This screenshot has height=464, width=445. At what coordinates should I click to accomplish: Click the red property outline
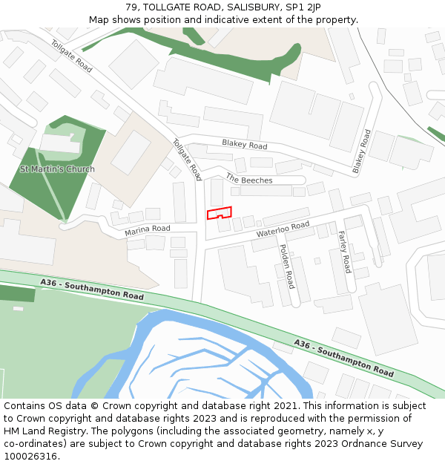pos(219,213)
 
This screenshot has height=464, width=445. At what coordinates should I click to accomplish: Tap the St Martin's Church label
pos(57,169)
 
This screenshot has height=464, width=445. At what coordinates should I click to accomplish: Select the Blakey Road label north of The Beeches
pos(244,145)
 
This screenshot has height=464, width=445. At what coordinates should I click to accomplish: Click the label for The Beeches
pos(249,180)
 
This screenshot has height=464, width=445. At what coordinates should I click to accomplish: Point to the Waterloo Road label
pos(283,229)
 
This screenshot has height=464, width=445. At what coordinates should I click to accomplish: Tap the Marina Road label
pos(148,230)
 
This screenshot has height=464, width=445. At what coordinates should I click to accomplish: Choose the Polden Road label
pos(286,266)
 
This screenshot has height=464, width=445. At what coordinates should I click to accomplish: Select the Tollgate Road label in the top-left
pos(71,56)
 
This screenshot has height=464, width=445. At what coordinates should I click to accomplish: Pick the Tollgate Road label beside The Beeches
pos(187,160)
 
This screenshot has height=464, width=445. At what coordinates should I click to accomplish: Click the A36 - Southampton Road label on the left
pos(93,289)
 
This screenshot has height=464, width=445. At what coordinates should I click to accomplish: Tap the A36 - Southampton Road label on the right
pos(343,356)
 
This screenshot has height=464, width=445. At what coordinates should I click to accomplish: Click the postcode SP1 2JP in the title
pos(305,7)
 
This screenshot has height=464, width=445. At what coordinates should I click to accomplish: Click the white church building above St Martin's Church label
pos(59,143)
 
